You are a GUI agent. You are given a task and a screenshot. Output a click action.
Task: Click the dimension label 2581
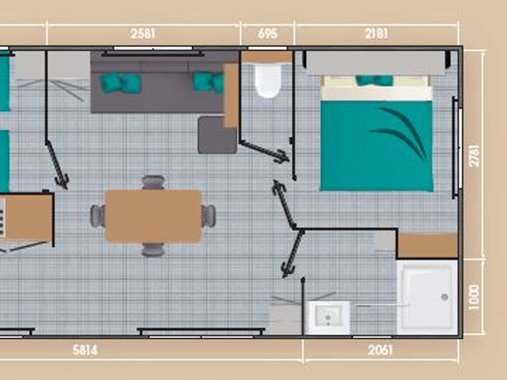(x=143, y=34)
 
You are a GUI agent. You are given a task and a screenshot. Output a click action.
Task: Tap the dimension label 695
(x=267, y=34)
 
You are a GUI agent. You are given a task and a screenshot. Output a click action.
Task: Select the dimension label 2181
(x=376, y=34)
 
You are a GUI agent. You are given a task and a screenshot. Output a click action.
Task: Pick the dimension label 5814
(x=85, y=350)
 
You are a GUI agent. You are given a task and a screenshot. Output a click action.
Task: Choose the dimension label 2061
(x=380, y=350)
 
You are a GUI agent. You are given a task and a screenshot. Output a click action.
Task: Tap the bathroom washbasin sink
(x=328, y=318)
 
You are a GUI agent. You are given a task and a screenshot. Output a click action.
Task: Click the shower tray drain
(x=445, y=297)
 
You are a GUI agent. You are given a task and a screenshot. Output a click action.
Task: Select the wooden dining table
(x=153, y=216)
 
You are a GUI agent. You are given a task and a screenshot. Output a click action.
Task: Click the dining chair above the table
(x=153, y=182)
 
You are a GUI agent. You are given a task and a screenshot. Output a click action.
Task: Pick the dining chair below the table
(x=153, y=249)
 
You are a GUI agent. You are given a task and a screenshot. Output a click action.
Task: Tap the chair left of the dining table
(x=98, y=216)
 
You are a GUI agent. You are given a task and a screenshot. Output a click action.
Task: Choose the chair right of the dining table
(x=209, y=216)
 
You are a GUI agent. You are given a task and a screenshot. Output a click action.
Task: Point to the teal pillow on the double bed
(x=374, y=80)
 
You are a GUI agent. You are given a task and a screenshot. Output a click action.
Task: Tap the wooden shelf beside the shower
(x=427, y=245)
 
